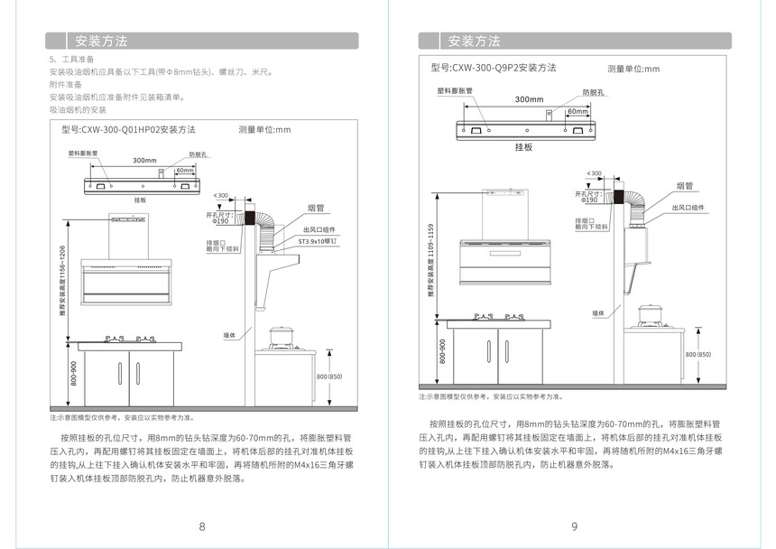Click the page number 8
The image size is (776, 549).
(202, 526)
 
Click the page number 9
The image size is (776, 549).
(574, 526)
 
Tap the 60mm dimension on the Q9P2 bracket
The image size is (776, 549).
(577, 111)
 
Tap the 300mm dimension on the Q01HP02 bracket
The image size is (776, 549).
(144, 160)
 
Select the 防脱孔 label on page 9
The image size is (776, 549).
(593, 92)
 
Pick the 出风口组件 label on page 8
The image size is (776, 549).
(319, 230)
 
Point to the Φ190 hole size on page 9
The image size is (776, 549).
(589, 200)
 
